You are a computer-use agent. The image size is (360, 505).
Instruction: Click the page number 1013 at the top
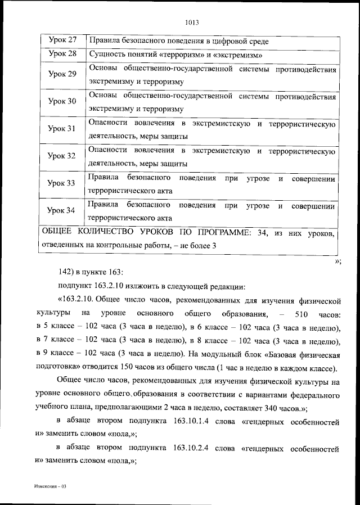point(192,23)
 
